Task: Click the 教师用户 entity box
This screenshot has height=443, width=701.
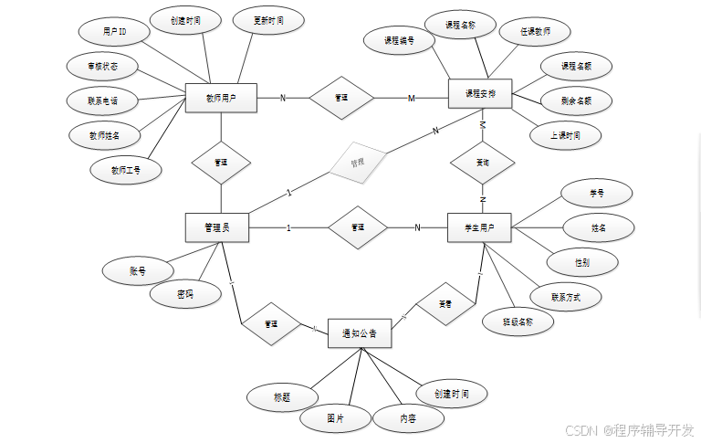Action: (221, 98)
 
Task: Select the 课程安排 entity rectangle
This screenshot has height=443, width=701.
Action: (480, 93)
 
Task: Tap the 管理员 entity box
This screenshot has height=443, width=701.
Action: (216, 227)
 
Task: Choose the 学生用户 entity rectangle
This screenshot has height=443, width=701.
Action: (479, 227)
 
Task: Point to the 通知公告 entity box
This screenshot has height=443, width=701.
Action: (360, 333)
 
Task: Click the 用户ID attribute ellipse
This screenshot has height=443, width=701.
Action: (115, 32)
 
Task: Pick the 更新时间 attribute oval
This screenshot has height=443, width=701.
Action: (268, 19)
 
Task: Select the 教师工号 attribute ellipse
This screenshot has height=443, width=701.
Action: (126, 169)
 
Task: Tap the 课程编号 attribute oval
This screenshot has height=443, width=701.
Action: (399, 40)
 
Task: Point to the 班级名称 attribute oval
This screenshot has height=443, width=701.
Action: (518, 322)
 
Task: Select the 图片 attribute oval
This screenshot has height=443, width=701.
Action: (335, 418)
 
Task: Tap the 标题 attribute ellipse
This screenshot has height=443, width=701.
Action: (282, 397)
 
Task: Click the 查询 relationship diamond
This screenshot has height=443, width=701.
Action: (483, 162)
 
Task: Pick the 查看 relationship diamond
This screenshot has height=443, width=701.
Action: (445, 303)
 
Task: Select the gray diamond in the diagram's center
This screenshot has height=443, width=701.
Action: (358, 163)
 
